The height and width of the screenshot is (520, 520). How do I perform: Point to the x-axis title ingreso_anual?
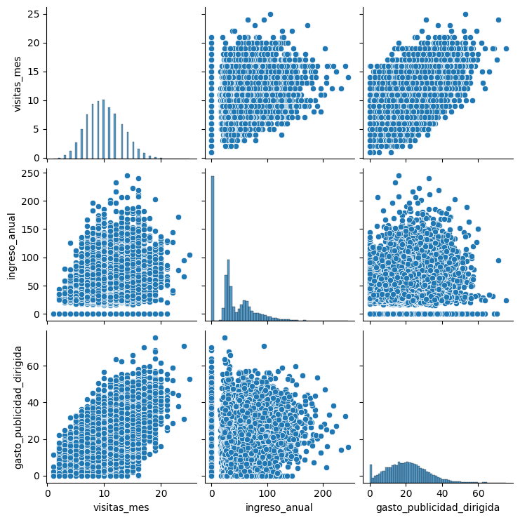pos(279,507)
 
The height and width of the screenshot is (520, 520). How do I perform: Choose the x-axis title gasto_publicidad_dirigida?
pos(437,507)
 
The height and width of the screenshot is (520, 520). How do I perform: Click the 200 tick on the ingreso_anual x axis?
pos(323,492)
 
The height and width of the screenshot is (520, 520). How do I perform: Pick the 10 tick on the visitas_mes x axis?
pos(105,492)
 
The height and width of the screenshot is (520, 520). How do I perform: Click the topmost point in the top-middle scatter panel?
pos(270,14)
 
